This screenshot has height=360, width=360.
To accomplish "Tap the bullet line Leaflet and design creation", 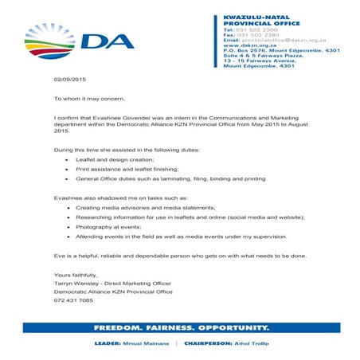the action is point(108,160).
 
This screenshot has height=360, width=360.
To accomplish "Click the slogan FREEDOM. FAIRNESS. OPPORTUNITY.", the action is point(181,328).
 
